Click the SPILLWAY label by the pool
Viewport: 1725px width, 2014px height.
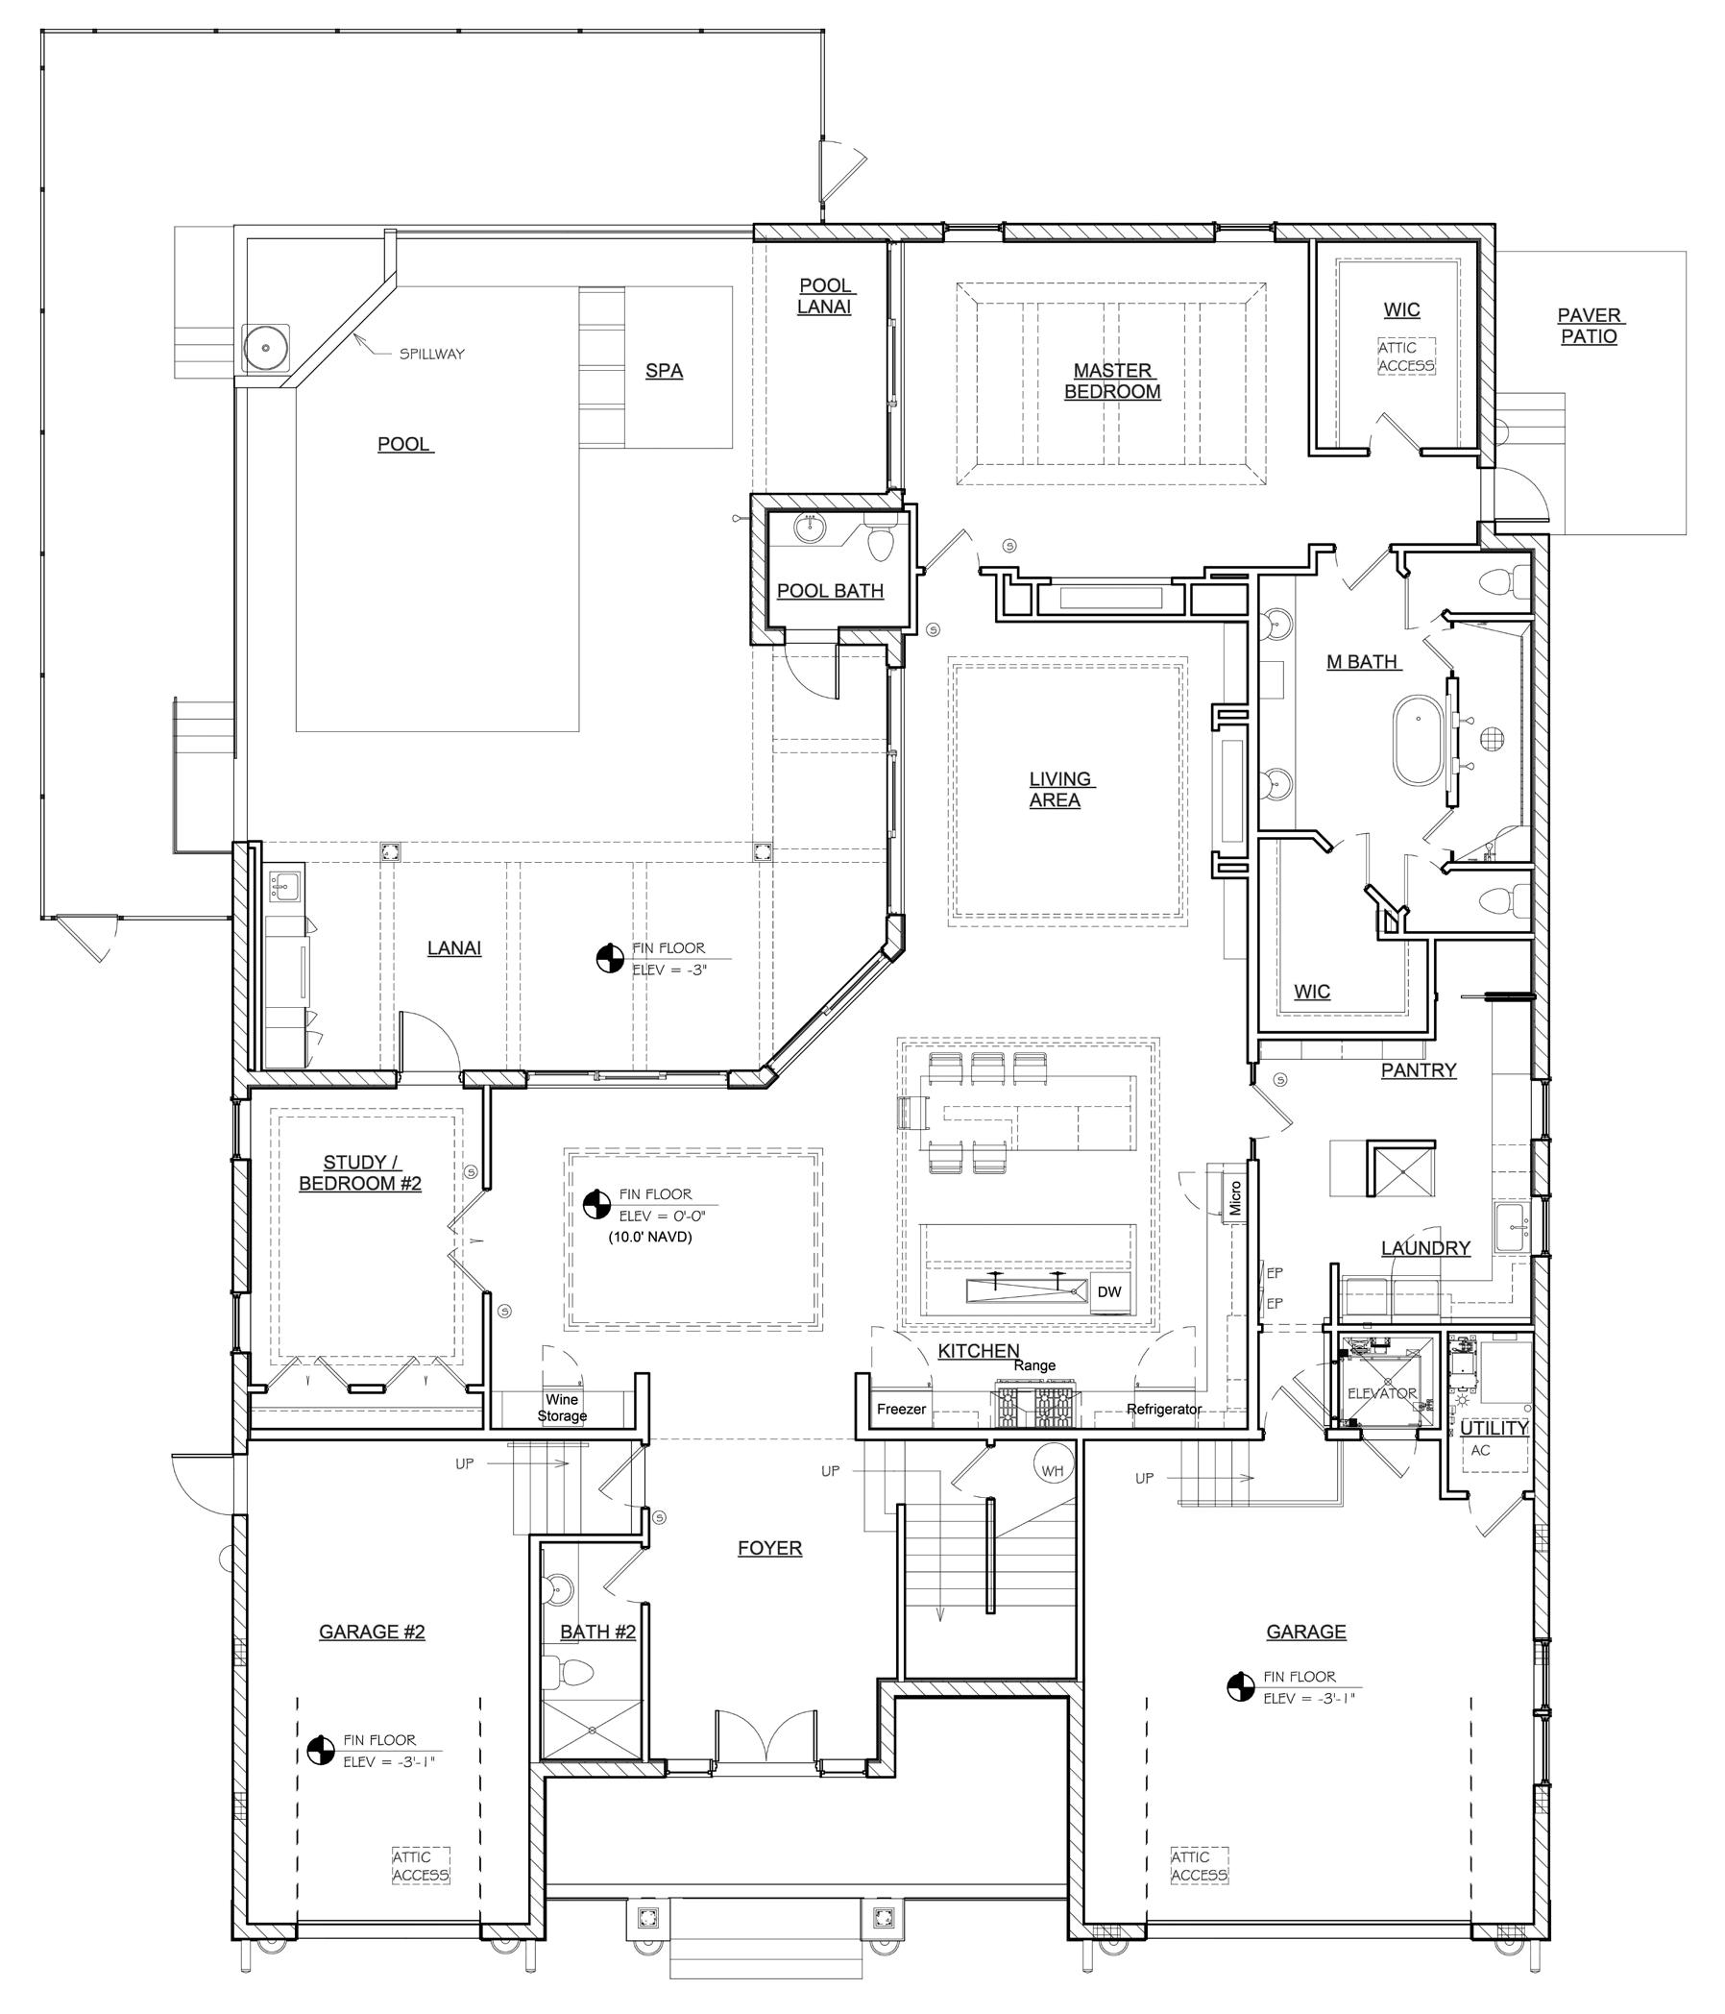(x=431, y=354)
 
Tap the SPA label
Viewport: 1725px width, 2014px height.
(x=664, y=370)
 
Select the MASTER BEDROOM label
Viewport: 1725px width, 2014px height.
(x=1113, y=381)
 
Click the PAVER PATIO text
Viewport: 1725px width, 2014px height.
(x=1589, y=326)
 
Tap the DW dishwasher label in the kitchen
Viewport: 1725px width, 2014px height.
(x=1108, y=1291)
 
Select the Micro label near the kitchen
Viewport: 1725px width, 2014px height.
(x=1235, y=1198)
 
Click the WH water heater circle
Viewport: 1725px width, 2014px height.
(x=1053, y=1471)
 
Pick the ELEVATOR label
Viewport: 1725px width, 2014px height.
(x=1382, y=1393)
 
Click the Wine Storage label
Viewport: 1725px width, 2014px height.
(x=562, y=1408)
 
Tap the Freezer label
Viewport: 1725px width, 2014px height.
(x=901, y=1409)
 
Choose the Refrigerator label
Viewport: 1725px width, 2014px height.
(x=1163, y=1409)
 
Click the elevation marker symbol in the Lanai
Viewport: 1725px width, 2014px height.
(x=609, y=958)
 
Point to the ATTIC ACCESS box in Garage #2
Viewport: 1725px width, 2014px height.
(x=421, y=1865)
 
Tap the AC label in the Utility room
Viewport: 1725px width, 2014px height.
(x=1480, y=1449)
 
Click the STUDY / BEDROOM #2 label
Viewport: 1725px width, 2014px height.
(x=360, y=1173)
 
